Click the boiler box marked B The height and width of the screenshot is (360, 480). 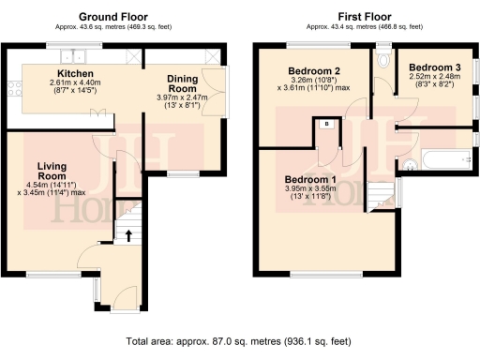click(x=325, y=123)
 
